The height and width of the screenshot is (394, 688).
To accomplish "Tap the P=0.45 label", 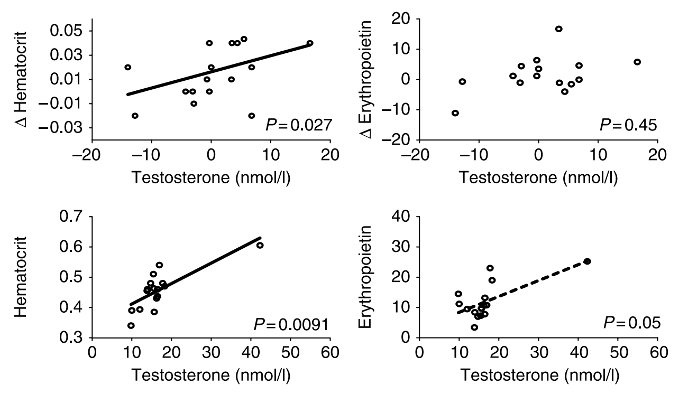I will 628,125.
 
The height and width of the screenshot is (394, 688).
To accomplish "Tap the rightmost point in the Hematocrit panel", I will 260,245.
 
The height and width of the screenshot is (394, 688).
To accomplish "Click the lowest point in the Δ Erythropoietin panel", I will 455,113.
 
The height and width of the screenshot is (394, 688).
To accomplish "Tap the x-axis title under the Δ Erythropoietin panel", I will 538,177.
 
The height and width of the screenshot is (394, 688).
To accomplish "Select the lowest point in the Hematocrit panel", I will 131,325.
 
